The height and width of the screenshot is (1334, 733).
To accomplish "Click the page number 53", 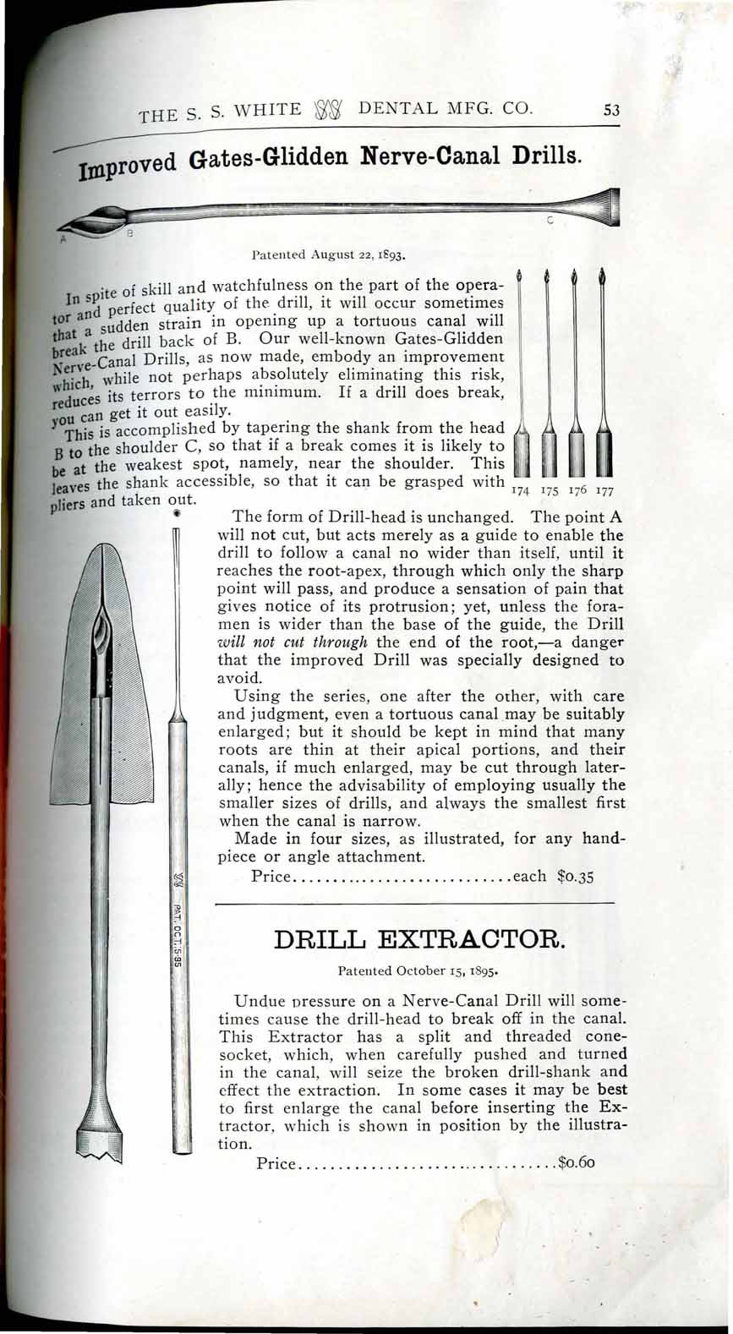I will coord(613,109).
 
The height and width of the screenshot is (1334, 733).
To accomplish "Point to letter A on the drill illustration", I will coord(63,239).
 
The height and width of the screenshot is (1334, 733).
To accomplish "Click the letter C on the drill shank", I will coord(550,221).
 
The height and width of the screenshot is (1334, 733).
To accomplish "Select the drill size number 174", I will coord(522,491).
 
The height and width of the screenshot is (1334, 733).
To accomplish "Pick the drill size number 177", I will coord(603,491).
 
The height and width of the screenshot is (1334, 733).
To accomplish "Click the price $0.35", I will coord(577,876).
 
